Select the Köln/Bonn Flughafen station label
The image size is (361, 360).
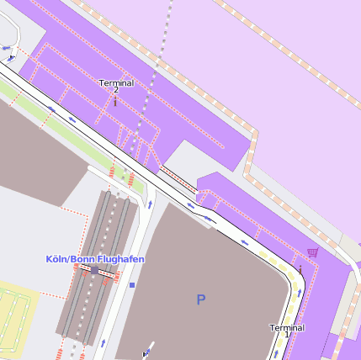tap(95, 259)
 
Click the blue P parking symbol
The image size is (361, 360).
tap(200, 299)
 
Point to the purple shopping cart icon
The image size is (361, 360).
tap(313, 251)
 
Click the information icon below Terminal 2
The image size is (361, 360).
tap(115, 103)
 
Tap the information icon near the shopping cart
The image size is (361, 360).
tap(300, 267)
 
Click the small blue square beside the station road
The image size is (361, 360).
tap(132, 285)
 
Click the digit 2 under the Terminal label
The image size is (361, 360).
tap(116, 91)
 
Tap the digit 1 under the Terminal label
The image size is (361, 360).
tap(286, 335)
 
